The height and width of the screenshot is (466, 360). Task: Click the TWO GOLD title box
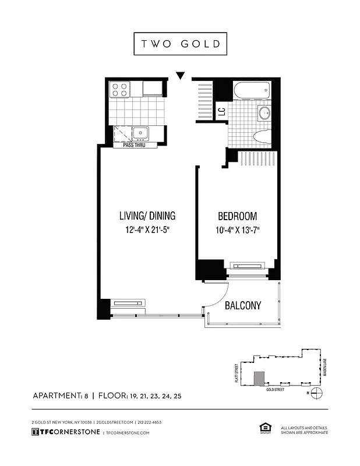coord(180,44)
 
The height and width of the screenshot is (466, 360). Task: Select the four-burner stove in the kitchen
coord(120,89)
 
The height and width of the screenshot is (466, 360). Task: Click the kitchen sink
coord(140,133)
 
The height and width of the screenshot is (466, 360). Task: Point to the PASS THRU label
coord(134,144)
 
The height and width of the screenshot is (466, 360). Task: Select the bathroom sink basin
coord(264,113)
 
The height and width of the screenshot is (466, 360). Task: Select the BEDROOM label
coord(237,216)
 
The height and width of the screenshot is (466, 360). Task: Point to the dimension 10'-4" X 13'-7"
coord(237,230)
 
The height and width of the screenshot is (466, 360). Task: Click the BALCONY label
coord(242,305)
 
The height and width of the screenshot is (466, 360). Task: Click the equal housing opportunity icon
coord(262,429)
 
